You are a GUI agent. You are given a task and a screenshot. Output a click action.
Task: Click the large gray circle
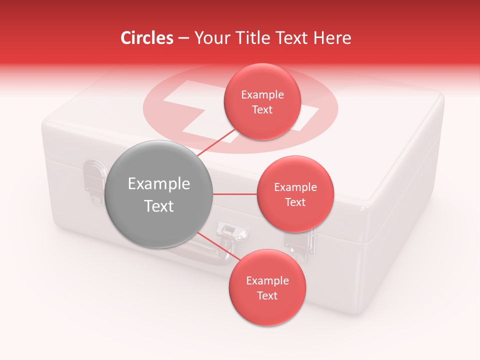[159, 194]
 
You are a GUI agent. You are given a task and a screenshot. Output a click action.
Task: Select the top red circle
[262, 101]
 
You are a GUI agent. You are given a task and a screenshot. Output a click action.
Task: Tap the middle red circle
[295, 194]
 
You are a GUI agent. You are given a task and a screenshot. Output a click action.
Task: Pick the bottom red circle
[267, 287]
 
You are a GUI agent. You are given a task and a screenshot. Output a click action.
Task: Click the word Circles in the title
[147, 38]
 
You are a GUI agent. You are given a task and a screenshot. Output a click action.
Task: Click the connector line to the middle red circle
[235, 194]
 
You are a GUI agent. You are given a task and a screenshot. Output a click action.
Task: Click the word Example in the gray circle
[159, 184]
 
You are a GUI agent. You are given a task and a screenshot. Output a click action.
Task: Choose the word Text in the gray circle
[159, 206]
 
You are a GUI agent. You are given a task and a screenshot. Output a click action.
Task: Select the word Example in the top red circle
[262, 95]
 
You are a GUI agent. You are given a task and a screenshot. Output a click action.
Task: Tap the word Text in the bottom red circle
[267, 295]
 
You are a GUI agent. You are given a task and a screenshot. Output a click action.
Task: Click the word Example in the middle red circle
[295, 187]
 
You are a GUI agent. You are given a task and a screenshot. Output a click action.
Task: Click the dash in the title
[183, 38]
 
